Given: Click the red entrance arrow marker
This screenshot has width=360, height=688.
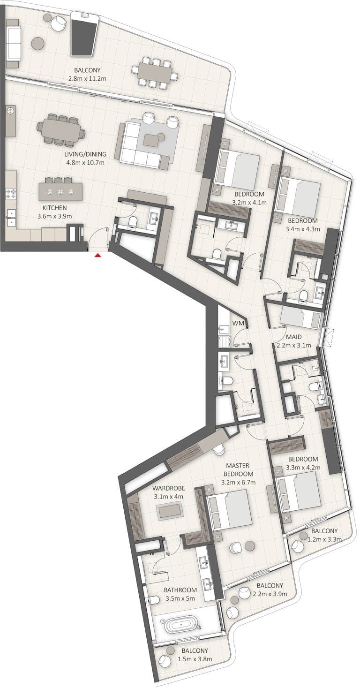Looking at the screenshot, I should point(97,256).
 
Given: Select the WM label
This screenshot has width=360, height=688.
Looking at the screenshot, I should point(237,324).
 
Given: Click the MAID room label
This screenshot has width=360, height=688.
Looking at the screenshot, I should point(294,337).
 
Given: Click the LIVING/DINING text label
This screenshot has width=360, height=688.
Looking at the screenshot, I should point(85,154).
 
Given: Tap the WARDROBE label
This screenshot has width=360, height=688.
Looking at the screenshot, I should point(169,488).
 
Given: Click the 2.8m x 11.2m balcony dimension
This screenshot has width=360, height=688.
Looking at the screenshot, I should point(87,78).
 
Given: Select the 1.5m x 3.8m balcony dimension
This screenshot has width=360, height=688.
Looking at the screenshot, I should point(195,659).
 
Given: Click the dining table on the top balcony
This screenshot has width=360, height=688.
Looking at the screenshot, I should point(154,73).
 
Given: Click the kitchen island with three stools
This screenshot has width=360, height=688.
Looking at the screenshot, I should point(60,191).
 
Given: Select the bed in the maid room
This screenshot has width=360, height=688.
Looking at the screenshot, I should point(300,318).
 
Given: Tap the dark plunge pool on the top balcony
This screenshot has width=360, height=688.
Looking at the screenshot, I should point(84,34).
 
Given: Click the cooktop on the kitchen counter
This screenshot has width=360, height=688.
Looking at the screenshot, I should point(10,193).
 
